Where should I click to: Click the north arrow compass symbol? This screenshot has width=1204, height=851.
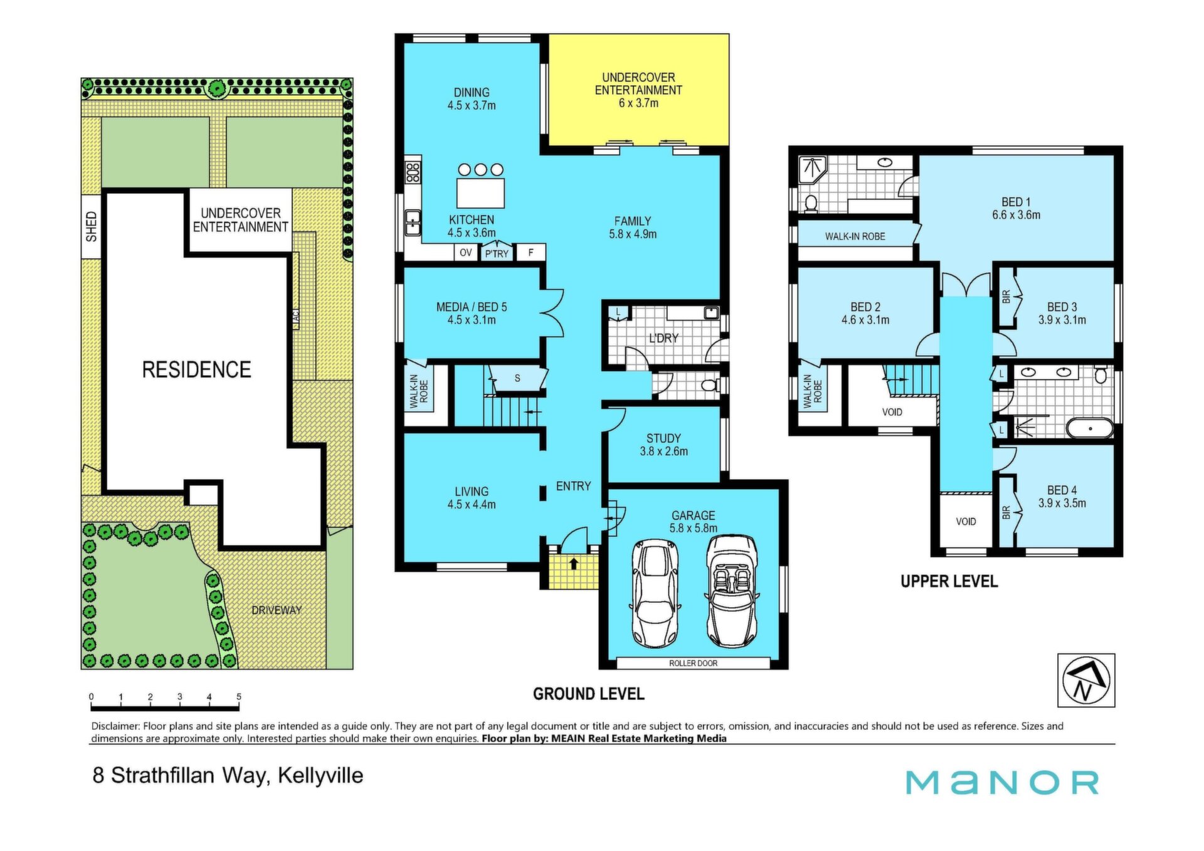click(x=1086, y=680)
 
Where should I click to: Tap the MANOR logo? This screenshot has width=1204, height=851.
click(x=1002, y=783)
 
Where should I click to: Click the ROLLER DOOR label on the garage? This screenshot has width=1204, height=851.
click(x=693, y=663)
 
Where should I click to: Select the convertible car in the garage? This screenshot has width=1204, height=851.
click(x=731, y=591)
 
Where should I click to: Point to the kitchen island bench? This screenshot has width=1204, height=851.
click(x=480, y=193)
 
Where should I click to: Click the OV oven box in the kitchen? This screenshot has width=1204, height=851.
click(x=465, y=253)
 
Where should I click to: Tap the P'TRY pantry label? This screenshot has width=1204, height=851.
click(x=497, y=254)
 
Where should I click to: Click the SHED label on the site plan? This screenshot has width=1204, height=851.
click(x=92, y=226)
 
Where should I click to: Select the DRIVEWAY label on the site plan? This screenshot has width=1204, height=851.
click(x=277, y=610)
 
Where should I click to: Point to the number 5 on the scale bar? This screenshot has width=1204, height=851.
click(x=239, y=697)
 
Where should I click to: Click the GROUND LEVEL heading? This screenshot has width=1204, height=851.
click(x=588, y=694)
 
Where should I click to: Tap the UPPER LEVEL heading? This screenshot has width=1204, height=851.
click(x=949, y=581)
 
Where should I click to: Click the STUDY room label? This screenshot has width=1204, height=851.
click(x=663, y=438)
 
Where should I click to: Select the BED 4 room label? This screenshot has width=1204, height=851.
click(x=1062, y=490)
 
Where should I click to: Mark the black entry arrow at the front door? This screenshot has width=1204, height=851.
click(x=573, y=563)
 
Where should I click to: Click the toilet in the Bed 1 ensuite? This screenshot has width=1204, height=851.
click(x=811, y=203)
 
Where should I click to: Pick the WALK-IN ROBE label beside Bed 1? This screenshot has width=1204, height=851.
click(x=855, y=236)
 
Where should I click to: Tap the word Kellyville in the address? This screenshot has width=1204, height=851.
click(x=320, y=776)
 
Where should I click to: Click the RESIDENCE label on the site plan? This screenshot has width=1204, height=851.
click(x=196, y=369)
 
